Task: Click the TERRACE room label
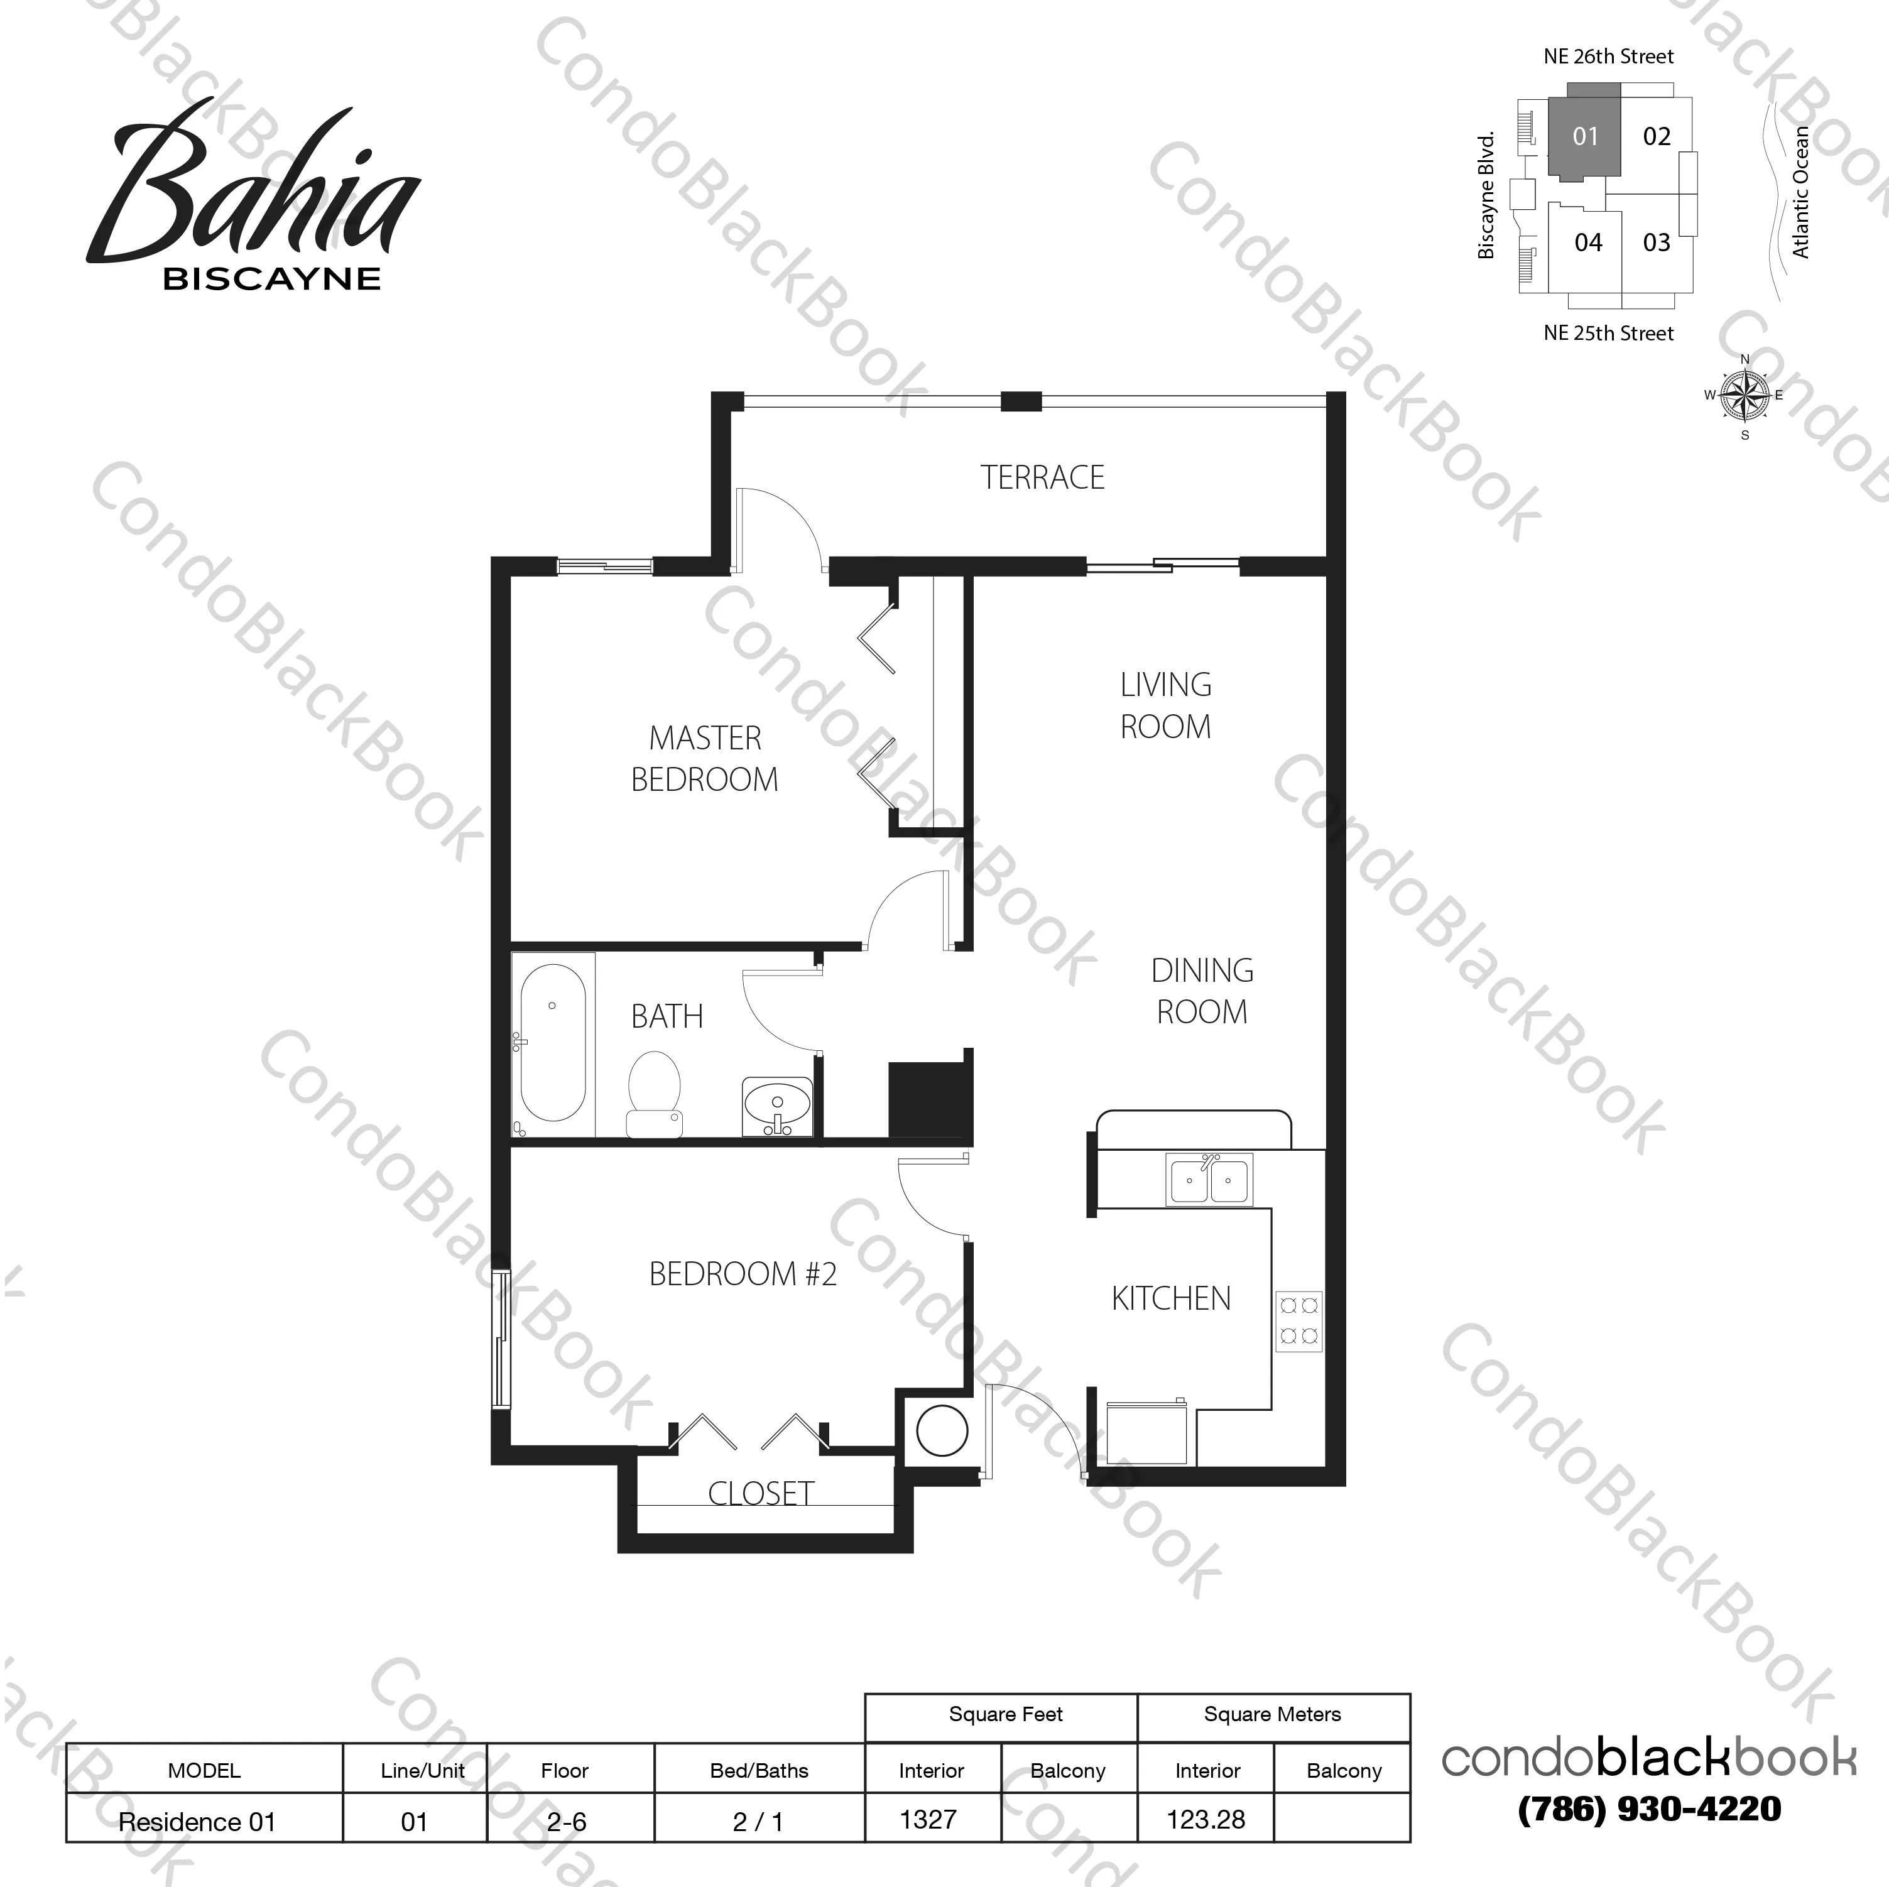coord(1042,477)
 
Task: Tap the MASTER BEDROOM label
coord(705,759)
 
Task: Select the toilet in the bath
coord(654,1093)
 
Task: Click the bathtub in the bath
coord(552,1042)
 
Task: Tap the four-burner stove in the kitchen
coord(1298,1321)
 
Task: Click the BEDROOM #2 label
coord(743,1274)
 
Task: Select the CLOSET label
coord(761,1493)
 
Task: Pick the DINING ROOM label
coord(1202,991)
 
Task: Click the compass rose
coord(1745,396)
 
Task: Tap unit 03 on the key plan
coord(1657,242)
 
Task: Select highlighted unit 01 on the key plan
coord(1585,137)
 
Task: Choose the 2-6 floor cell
coord(566,1822)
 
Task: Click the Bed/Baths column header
coord(759,1771)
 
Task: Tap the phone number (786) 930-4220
coord(1650,1810)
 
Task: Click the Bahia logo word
coord(254,186)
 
